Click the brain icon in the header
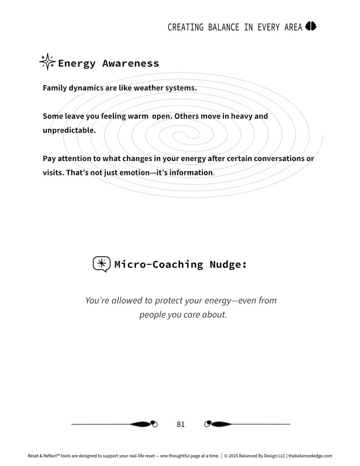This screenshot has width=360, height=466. pos(311,26)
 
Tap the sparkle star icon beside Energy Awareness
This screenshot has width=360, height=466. pos(47,62)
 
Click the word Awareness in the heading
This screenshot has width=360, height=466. pos(131,63)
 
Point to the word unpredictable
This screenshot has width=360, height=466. pos(69,130)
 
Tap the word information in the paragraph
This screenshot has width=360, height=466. pos(191,173)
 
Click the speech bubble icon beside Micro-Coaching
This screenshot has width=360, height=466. pos(101,264)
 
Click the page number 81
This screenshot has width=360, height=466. pos(181,424)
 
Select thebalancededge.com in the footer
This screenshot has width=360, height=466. pos(310,456)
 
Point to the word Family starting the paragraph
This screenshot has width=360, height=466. pos(54,88)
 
